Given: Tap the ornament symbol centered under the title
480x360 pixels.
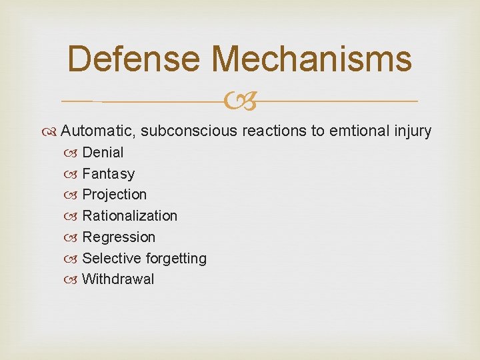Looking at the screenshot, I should (x=240, y=101).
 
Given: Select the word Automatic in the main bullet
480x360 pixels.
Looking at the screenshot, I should (x=98, y=131).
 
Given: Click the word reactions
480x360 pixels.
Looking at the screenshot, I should (x=274, y=131).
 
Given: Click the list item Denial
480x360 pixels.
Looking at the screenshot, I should (x=103, y=153).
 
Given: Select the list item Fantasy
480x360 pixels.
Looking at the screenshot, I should (x=108, y=174).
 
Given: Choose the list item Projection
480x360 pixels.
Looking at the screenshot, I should (x=114, y=195).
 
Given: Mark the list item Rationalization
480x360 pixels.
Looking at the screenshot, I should (x=129, y=216).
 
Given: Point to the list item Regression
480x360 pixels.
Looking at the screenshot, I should (x=118, y=237).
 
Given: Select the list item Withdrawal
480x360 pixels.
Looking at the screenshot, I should (x=117, y=279).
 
